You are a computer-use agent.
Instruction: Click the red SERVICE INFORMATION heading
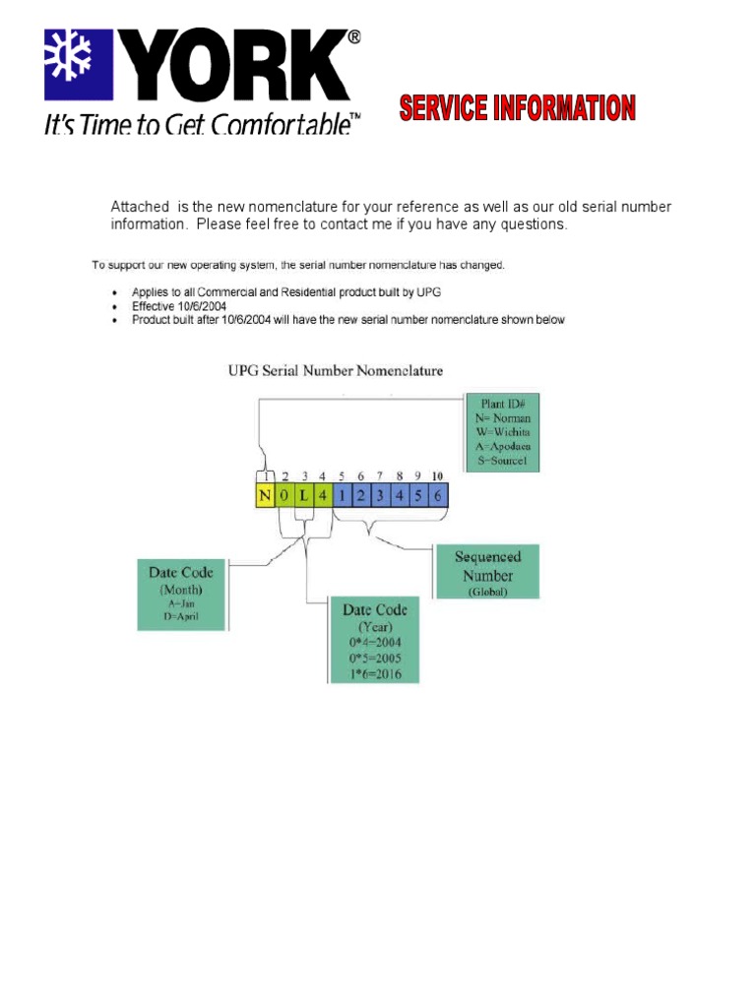[517, 108]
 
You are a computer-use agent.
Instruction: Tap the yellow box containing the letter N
[264, 495]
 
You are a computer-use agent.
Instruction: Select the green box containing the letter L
[303, 495]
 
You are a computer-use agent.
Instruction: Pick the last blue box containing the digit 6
[437, 495]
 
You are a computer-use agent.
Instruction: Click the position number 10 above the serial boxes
[437, 476]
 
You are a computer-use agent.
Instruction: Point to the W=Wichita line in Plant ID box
[503, 431]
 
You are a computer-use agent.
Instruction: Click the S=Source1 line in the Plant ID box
[503, 461]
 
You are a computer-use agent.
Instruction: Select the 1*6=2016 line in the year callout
[373, 673]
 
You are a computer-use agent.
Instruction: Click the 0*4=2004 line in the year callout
[373, 642]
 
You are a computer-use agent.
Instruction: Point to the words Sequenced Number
[487, 566]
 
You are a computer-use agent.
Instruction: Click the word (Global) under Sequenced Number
[487, 592]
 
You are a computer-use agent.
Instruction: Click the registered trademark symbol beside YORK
[353, 36]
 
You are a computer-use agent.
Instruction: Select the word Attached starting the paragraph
[139, 207]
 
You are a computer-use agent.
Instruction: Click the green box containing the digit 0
[283, 495]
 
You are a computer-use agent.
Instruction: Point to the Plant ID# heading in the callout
[504, 402]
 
